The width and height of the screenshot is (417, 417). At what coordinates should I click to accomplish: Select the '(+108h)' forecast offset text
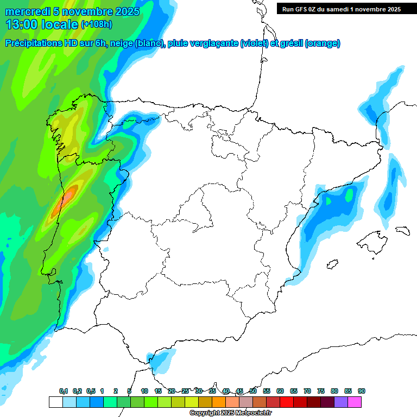97,24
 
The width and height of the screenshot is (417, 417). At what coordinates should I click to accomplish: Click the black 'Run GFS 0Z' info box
339,9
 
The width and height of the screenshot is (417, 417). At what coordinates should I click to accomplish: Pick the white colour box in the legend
55,402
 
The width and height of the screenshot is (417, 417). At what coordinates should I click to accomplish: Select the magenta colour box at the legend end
355,402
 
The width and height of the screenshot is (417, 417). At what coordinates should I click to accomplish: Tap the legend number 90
361,391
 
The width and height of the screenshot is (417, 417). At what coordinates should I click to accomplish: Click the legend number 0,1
64,391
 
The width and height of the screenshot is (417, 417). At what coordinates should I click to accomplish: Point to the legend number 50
253,391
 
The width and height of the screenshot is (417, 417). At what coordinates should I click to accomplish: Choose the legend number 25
185,391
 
